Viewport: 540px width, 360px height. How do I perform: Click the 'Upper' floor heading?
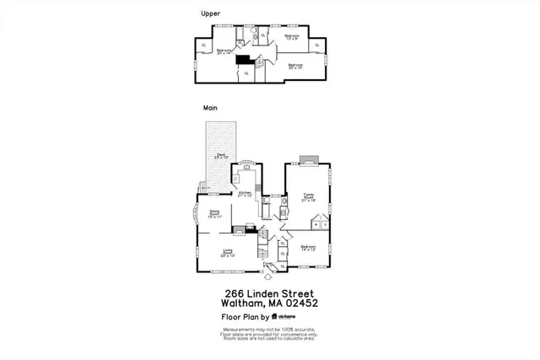click(211, 13)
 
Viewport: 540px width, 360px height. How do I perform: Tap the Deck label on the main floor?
click(221, 156)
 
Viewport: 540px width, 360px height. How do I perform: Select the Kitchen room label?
click(246, 194)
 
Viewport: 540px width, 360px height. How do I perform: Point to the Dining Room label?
click(214, 213)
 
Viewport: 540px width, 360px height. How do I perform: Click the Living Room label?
click(228, 252)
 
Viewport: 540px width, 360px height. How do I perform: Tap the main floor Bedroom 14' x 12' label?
click(307, 248)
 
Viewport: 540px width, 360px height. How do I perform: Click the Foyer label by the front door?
click(267, 263)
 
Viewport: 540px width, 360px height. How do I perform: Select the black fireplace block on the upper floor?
click(243, 61)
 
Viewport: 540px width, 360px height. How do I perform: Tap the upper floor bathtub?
click(239, 34)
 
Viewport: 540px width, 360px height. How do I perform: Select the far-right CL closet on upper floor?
click(316, 46)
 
